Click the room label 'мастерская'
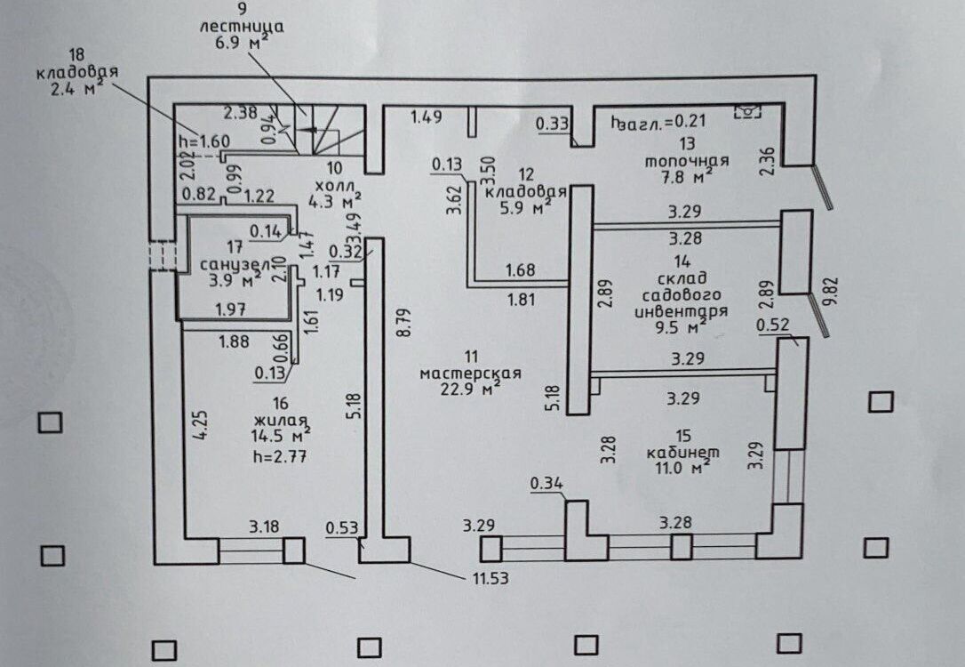tap(470, 374)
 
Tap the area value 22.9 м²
tap(470, 388)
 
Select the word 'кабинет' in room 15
tap(682, 452)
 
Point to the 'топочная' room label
tap(687, 161)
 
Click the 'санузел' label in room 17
tap(235, 265)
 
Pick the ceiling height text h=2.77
tap(280, 457)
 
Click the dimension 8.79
tap(399, 323)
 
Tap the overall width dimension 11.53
tap(490, 578)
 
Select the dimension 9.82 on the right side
tap(833, 292)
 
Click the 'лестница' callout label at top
tap(242, 27)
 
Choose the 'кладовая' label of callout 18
tap(77, 71)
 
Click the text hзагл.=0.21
tap(658, 121)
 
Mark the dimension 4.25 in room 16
tap(201, 426)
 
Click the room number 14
tap(682, 261)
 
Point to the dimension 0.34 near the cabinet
tap(546, 484)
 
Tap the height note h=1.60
tap(203, 141)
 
